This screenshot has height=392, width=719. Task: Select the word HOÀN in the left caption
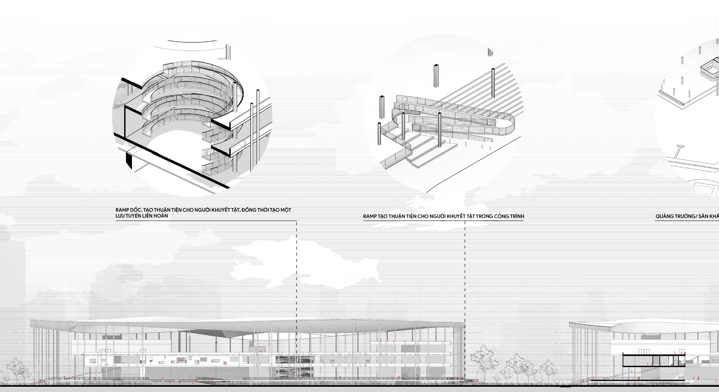[x=160, y=216]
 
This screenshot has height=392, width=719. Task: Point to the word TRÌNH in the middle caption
[x=517, y=216]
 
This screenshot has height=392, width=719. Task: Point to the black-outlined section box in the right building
[x=654, y=360]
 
